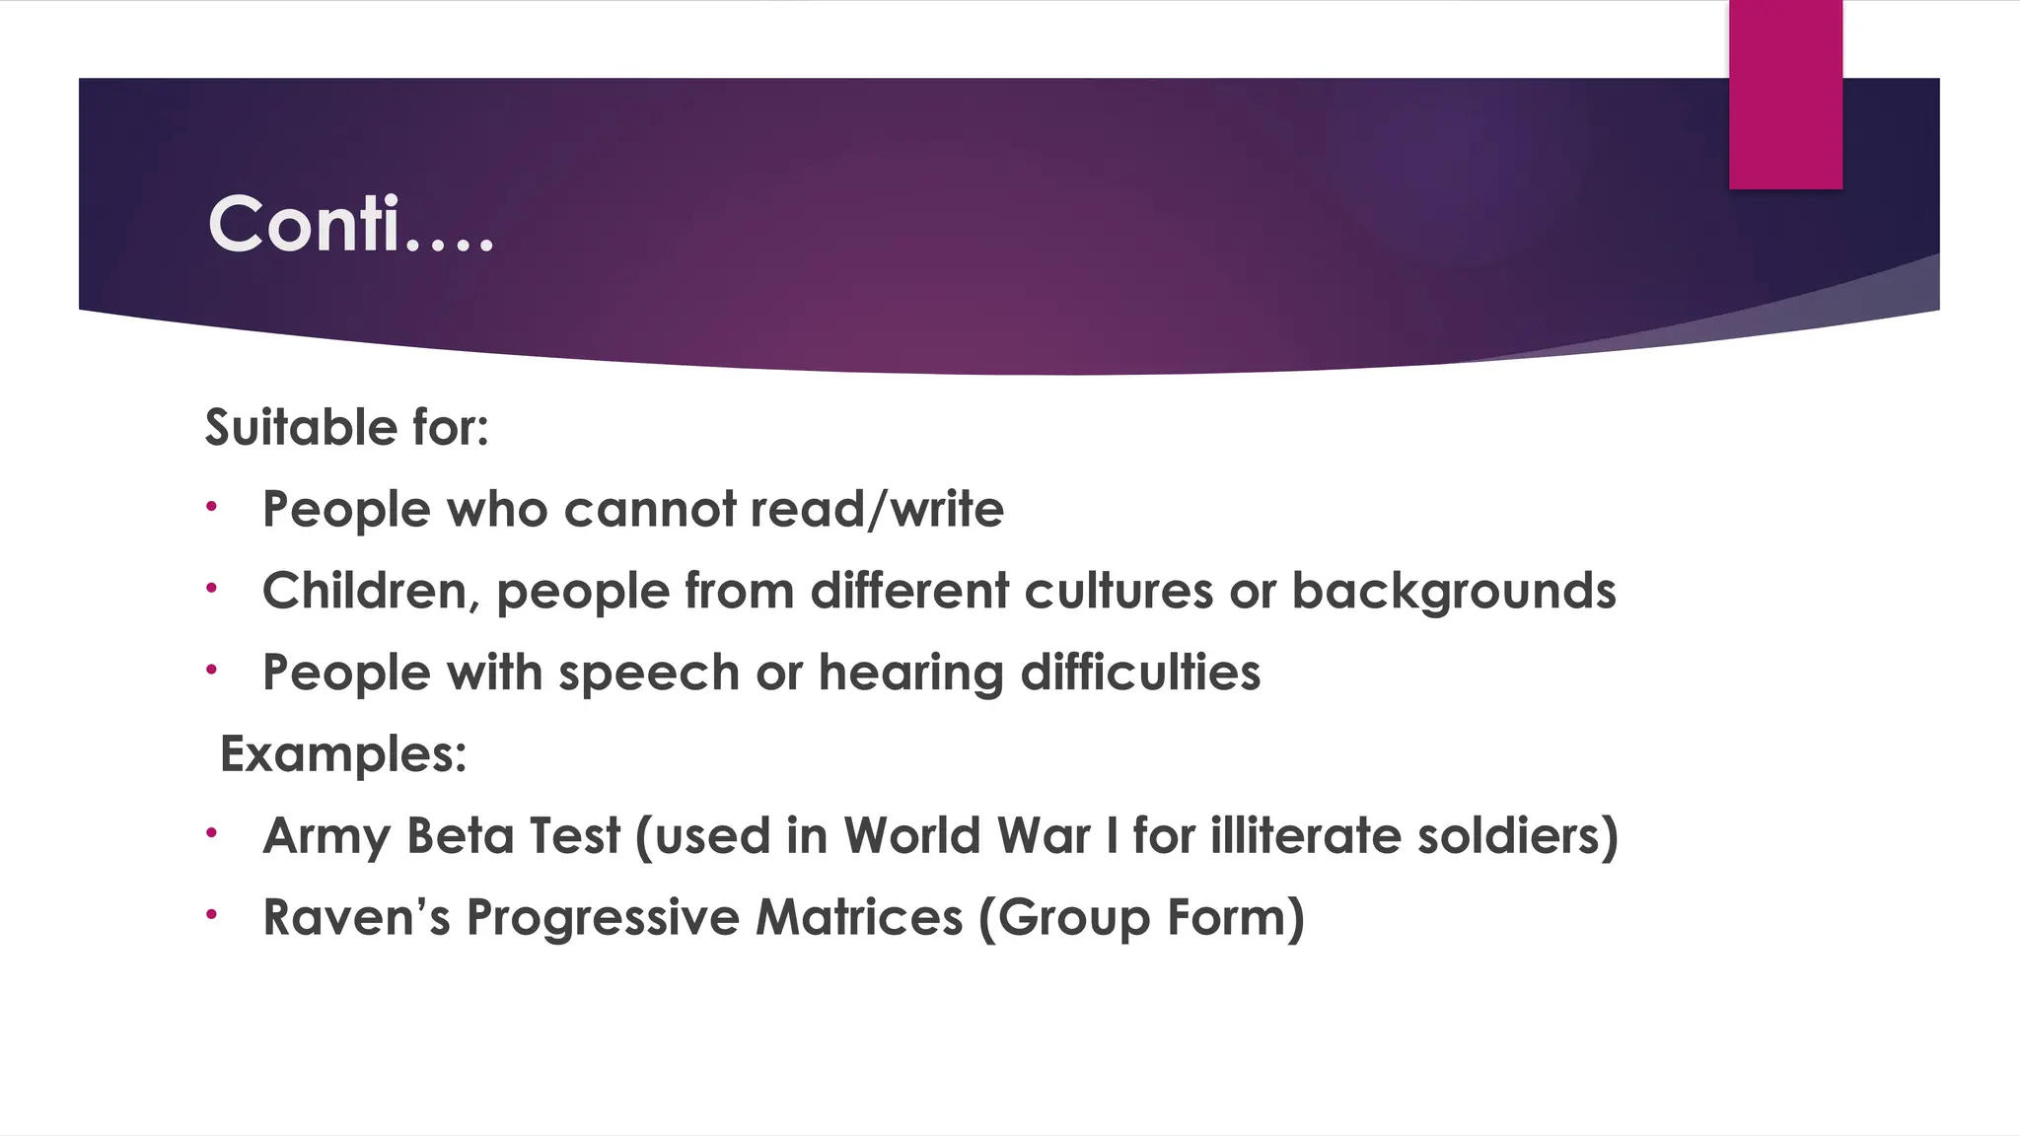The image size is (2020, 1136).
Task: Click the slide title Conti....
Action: [x=350, y=225]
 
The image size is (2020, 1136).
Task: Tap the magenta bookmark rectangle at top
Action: [x=1785, y=95]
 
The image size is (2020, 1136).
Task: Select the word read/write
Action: [x=877, y=510]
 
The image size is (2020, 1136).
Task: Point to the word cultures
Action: [x=1118, y=592]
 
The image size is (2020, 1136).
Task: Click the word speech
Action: [x=648, y=674]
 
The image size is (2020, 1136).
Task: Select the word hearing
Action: [x=910, y=674]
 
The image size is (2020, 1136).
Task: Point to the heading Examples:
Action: [x=343, y=755]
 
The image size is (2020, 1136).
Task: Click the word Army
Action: [x=326, y=837]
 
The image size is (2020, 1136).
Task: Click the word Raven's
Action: [x=357, y=917]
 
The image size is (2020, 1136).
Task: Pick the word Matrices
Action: [x=858, y=917]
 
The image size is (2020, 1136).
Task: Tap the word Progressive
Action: [x=603, y=919]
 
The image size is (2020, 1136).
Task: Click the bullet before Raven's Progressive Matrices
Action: [x=211, y=914]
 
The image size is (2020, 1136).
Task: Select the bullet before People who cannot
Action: [x=211, y=507]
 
